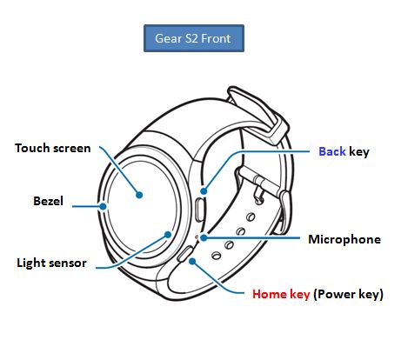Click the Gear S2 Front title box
[x=194, y=38]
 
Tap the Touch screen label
[x=53, y=148]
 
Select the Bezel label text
[x=48, y=201]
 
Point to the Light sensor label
[x=51, y=263]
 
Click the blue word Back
[x=332, y=151]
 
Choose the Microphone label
[x=344, y=239]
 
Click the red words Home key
[x=281, y=294]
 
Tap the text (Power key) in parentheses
[x=348, y=295]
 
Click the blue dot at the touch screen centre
[x=139, y=195]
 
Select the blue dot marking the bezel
[x=103, y=206]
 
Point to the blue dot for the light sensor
[x=168, y=235]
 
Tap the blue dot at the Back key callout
[x=204, y=191]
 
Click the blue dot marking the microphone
[x=204, y=237]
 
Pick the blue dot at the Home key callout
[x=192, y=262]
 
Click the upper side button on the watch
[x=200, y=210]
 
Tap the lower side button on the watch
[x=186, y=253]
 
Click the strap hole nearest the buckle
[x=251, y=217]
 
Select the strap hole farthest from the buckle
[x=216, y=256]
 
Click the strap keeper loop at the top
[x=257, y=114]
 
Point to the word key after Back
[x=359, y=152]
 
